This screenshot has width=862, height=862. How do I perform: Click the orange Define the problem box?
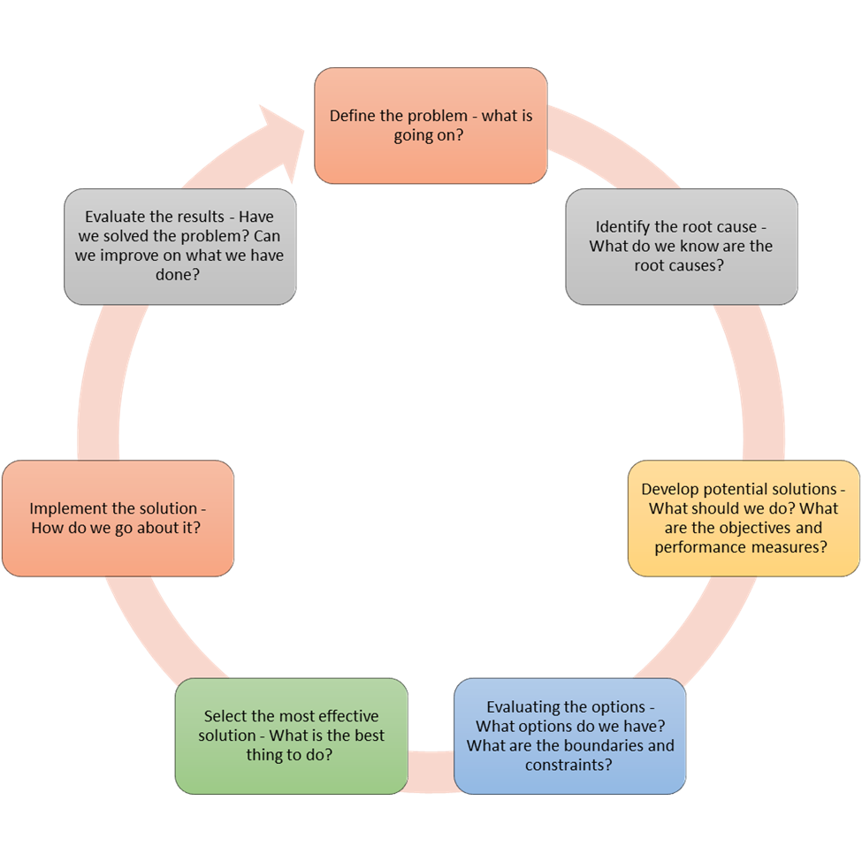pos(431,126)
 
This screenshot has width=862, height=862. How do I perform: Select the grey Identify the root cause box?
pos(681,247)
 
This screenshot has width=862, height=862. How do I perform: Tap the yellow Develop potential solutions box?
pos(744,518)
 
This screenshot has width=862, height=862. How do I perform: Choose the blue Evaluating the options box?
pos(569,736)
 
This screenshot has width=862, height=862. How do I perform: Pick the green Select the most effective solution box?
pos(291,736)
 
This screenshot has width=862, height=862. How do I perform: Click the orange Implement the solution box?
pos(118,518)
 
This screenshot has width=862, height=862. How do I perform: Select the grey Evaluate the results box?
pos(179,247)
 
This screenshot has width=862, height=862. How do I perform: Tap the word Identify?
pos(623,227)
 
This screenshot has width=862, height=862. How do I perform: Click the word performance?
pos(695,547)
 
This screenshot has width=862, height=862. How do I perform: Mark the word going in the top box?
pos(416,135)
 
